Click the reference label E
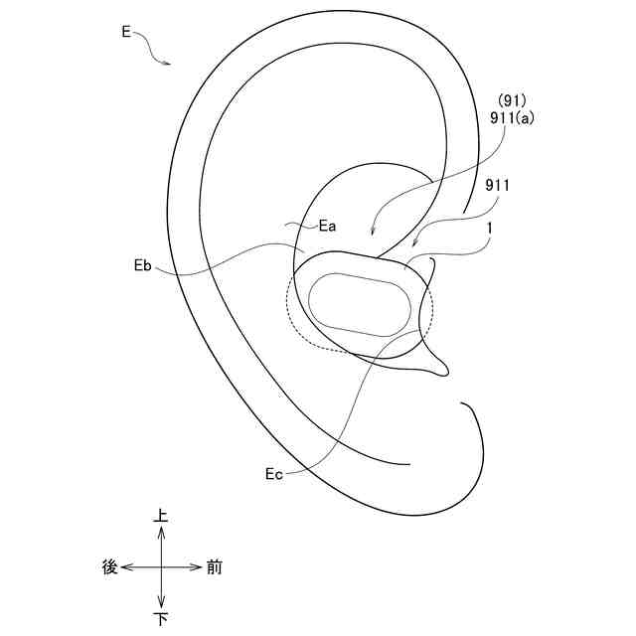(126, 32)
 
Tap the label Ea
(327, 226)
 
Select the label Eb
(143, 265)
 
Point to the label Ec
(274, 474)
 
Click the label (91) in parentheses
(512, 100)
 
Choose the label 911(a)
(512, 118)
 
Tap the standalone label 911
(497, 186)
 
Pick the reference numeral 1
(490, 229)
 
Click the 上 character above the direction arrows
(161, 516)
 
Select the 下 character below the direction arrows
(161, 619)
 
